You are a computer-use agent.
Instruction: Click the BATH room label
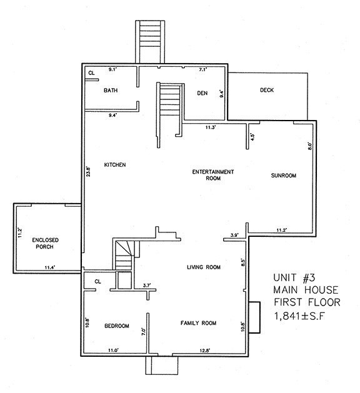pyautogui.click(x=111, y=91)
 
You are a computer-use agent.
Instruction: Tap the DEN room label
pyautogui.click(x=202, y=93)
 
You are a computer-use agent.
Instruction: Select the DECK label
pyautogui.click(x=267, y=90)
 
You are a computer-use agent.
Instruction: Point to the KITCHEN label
pyautogui.click(x=116, y=165)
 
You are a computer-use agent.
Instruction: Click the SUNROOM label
pyautogui.click(x=283, y=176)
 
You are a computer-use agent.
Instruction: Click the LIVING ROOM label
pyautogui.click(x=204, y=267)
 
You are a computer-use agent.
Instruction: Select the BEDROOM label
pyautogui.click(x=116, y=326)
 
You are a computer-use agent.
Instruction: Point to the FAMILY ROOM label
pyautogui.click(x=198, y=323)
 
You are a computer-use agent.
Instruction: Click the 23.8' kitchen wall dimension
pyautogui.click(x=88, y=172)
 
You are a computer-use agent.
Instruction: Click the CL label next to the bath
pyautogui.click(x=91, y=73)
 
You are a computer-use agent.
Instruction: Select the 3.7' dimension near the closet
pyautogui.click(x=147, y=286)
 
